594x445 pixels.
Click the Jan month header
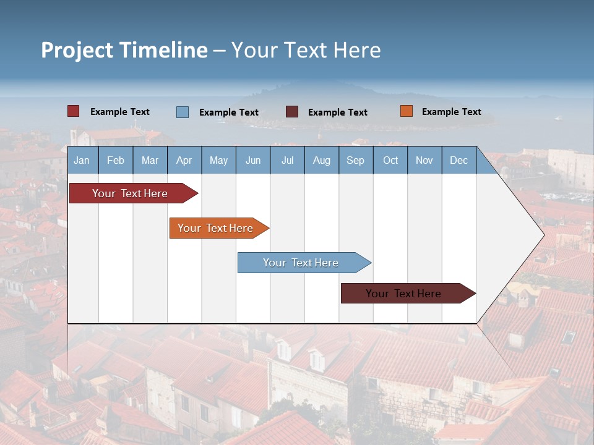point(82,161)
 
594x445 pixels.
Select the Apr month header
point(184,161)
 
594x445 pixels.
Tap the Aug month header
point(321,161)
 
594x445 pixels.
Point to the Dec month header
point(458,161)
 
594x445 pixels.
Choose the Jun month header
point(252,161)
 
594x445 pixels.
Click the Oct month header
point(390,161)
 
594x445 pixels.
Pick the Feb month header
point(116,161)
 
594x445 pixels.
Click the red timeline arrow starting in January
point(130,193)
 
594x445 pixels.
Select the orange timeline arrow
point(215,228)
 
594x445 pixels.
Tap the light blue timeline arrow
point(301,263)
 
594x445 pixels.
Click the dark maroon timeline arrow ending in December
point(403,294)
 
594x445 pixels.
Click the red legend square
point(73,111)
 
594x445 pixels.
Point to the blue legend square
point(182,112)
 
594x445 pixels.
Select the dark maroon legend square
point(291,112)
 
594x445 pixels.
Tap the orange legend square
point(406,111)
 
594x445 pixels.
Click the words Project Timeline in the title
point(124,50)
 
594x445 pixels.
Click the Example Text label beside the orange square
point(451,112)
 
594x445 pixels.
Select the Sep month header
point(355,161)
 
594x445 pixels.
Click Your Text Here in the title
point(306,50)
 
